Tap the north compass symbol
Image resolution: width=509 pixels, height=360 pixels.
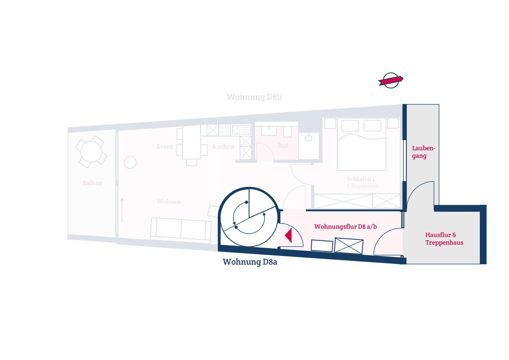tap(391, 80)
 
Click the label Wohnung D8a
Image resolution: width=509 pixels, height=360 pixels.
tap(250, 262)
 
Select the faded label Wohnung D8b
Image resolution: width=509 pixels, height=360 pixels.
tap(254, 97)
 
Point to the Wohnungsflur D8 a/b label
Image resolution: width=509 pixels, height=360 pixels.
tap(345, 227)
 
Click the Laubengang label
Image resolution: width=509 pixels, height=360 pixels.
tap(423, 152)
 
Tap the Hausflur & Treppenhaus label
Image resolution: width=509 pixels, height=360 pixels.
tap(444, 239)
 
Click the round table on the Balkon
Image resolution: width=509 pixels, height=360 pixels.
tap(91, 152)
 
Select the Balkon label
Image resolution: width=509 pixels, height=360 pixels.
tap(93, 183)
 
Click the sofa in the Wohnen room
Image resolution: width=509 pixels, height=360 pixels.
tap(181, 229)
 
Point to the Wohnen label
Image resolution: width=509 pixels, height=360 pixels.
tap(169, 202)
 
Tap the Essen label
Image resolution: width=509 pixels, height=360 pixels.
tap(165, 146)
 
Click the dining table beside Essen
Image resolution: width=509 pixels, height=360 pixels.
tap(192, 145)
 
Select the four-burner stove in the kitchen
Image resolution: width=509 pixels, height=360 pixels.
tap(224, 130)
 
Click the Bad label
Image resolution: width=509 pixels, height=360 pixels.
tap(283, 146)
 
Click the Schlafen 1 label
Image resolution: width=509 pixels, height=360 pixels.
tap(361, 179)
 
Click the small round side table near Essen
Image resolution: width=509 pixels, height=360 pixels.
tap(130, 162)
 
